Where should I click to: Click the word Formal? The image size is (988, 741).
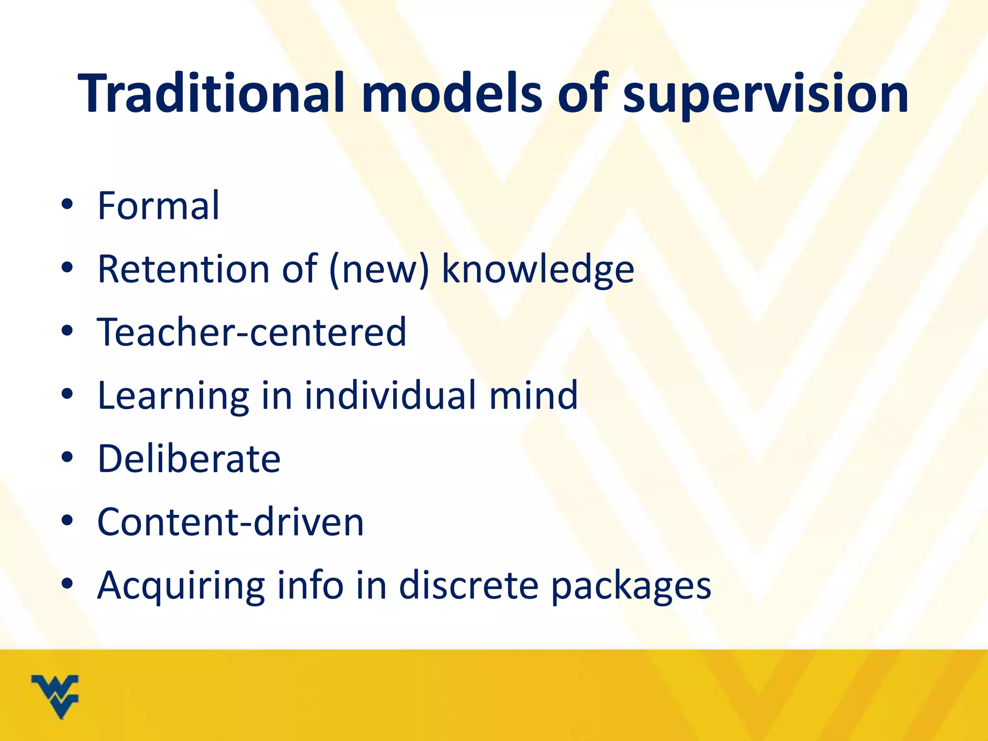pyautogui.click(x=158, y=206)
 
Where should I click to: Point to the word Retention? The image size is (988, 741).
pyautogui.click(x=183, y=269)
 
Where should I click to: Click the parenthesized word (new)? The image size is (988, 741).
pyautogui.click(x=379, y=270)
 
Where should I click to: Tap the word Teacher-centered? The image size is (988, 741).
pyautogui.click(x=252, y=332)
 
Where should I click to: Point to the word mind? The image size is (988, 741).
pyautogui.click(x=534, y=395)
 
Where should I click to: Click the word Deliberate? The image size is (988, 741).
pyautogui.click(x=189, y=458)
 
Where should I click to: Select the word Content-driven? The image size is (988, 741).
pyautogui.click(x=231, y=521)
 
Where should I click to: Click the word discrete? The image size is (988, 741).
pyautogui.click(x=468, y=585)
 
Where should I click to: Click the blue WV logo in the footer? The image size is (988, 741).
pyautogui.click(x=55, y=696)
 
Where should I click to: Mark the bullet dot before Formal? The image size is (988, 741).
pyautogui.click(x=67, y=205)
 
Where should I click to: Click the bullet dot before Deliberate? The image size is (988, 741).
pyautogui.click(x=67, y=457)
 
